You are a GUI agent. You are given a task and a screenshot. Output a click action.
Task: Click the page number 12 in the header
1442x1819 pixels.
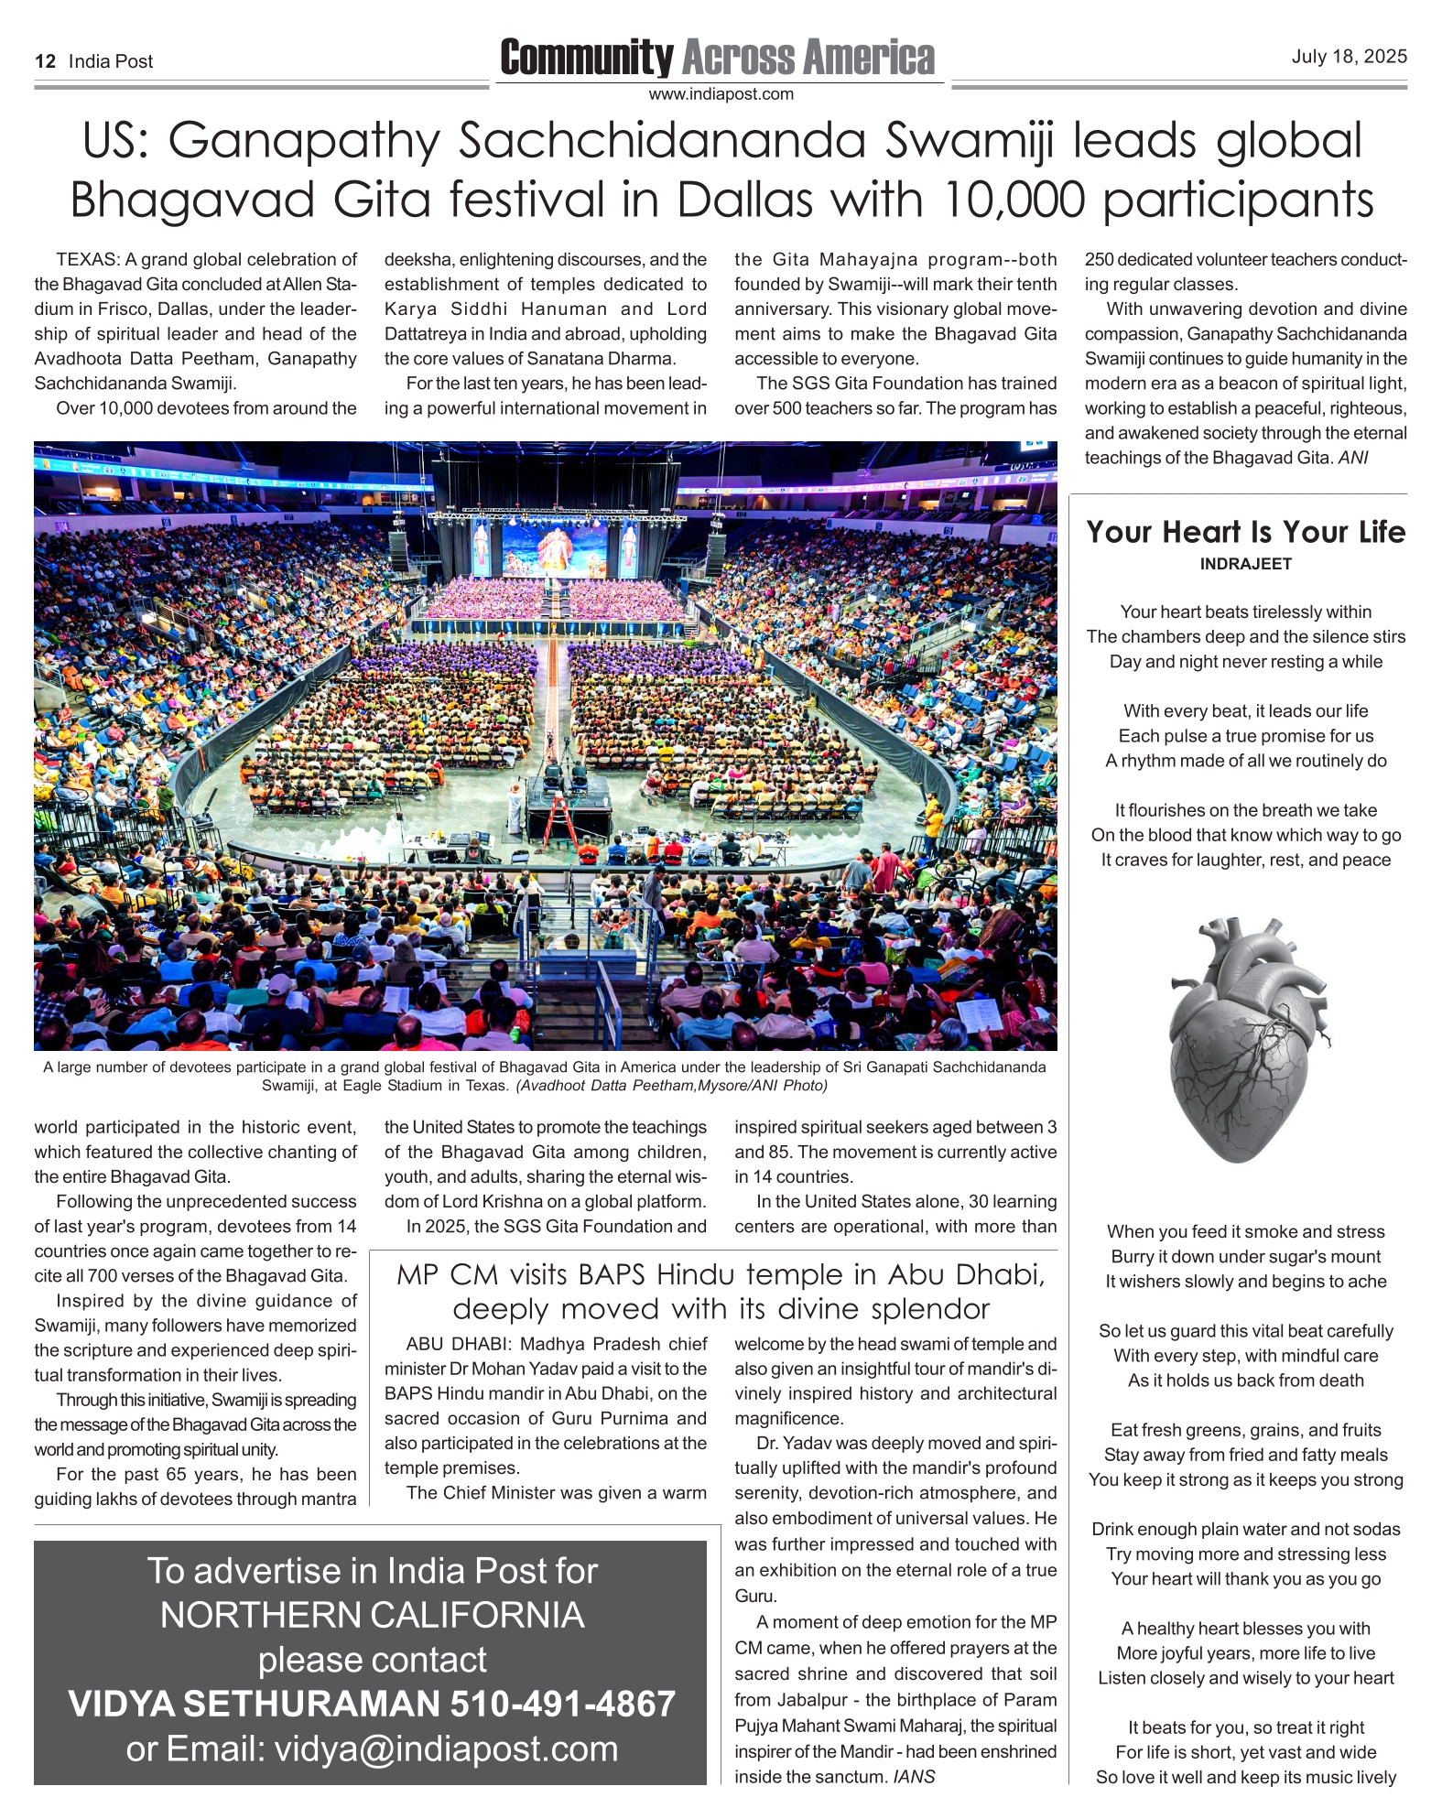coord(46,61)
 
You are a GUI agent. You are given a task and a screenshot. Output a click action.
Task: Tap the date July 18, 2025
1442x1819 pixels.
coord(1349,57)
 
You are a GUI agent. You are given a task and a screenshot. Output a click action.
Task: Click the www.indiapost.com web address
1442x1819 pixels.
coord(721,93)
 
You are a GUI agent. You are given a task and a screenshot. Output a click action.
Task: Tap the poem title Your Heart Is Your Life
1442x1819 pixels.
coord(1245,532)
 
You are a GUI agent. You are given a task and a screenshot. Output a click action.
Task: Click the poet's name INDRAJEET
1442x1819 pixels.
coord(1245,564)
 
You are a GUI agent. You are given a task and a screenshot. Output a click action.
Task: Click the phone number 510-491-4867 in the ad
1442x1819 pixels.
coord(562,1704)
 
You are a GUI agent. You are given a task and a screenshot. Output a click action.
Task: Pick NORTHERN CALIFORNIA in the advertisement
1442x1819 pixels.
coord(372,1615)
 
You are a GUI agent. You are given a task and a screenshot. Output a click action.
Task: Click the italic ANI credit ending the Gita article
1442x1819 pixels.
coord(1352,458)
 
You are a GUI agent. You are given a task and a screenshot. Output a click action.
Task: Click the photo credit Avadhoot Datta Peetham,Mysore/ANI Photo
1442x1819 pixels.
coord(671,1086)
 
